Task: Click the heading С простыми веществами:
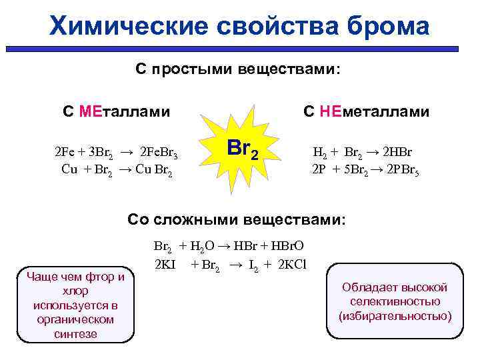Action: click(x=238, y=70)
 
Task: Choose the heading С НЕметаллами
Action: click(x=366, y=111)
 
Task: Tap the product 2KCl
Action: click(x=289, y=263)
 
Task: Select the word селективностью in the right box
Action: click(x=395, y=301)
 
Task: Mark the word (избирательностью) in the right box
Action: click(x=395, y=315)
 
